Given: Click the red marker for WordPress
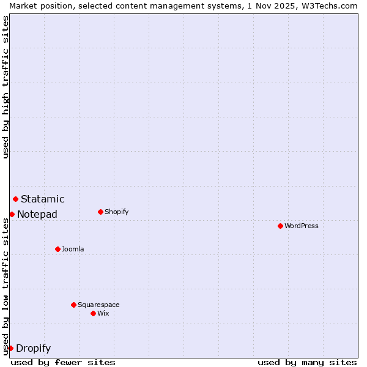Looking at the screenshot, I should (280, 226).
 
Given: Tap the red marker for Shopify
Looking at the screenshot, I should (100, 212).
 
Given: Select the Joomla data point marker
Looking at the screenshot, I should (57, 249).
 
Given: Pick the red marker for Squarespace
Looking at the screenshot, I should (73, 305).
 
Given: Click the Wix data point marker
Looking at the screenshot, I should (93, 313).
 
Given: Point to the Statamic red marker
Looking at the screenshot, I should (15, 199).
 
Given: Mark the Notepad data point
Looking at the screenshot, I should (12, 214).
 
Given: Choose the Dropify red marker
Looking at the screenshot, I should (10, 348).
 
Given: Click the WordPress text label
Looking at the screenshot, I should (302, 226).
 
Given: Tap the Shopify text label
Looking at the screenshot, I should (117, 212).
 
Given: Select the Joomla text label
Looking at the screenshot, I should (73, 249).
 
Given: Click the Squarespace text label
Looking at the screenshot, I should (98, 305).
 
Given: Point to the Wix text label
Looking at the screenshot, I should (103, 313).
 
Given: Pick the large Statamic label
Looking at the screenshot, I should (43, 199).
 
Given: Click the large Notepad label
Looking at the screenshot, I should (37, 214).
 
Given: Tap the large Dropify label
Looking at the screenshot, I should (34, 349).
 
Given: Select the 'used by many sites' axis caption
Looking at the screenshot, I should (307, 362).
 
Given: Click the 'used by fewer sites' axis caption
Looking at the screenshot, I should (63, 362).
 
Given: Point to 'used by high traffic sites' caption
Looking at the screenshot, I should (6, 87).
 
